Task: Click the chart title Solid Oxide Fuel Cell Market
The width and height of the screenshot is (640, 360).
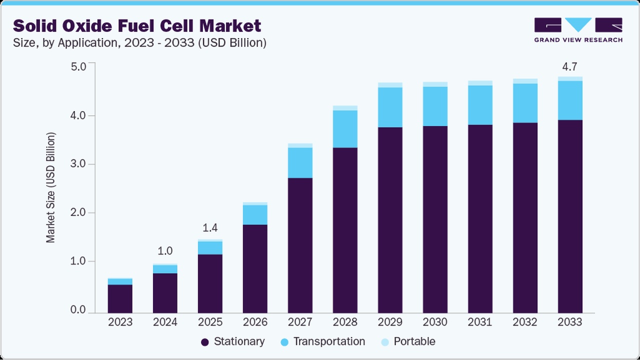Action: pyautogui.click(x=137, y=25)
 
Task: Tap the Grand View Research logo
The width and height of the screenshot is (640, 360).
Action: pyautogui.click(x=578, y=30)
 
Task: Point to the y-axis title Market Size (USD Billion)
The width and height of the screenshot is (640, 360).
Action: pyautogui.click(x=51, y=187)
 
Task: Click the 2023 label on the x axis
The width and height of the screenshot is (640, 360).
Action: pyautogui.click(x=120, y=322)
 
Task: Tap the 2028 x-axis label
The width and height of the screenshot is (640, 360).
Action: pyautogui.click(x=345, y=322)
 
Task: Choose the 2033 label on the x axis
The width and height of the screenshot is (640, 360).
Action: pyautogui.click(x=570, y=322)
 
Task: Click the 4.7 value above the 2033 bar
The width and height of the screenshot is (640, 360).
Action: pyautogui.click(x=570, y=67)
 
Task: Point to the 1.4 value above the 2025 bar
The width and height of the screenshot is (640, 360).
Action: pyautogui.click(x=210, y=228)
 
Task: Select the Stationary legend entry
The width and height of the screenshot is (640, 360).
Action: pyautogui.click(x=233, y=341)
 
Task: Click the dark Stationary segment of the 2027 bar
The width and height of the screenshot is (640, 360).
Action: pyautogui.click(x=300, y=245)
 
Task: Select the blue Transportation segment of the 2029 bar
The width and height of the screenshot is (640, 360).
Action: pyautogui.click(x=390, y=107)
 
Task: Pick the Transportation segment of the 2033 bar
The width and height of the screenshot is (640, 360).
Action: pyautogui.click(x=570, y=100)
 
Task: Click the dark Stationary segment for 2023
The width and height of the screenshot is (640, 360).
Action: pyautogui.click(x=120, y=298)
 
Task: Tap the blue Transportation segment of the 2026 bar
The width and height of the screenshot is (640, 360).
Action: pyautogui.click(x=255, y=214)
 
